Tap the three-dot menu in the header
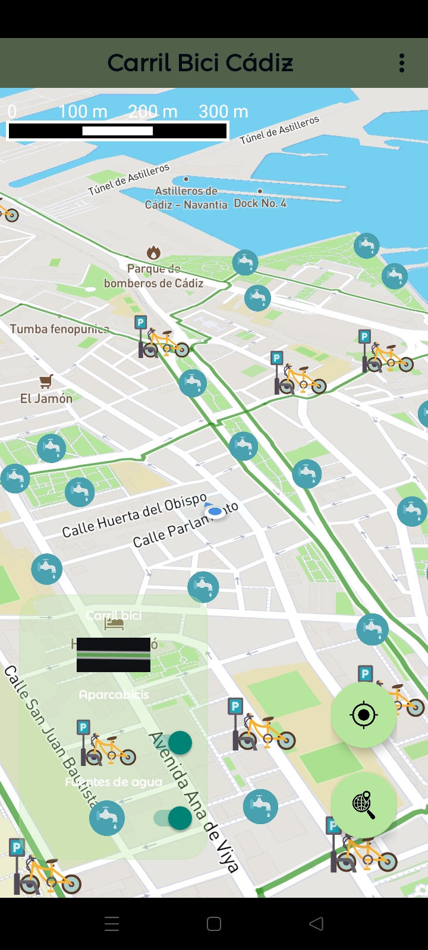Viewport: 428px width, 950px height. pyautogui.click(x=402, y=63)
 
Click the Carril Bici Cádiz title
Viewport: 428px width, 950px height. pyautogui.click(x=200, y=63)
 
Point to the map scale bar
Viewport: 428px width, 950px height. pyautogui.click(x=118, y=131)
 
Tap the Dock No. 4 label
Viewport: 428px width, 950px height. pyautogui.click(x=260, y=203)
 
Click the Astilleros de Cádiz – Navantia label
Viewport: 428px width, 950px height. pyautogui.click(x=186, y=198)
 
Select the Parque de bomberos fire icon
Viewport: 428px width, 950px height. pyautogui.click(x=153, y=253)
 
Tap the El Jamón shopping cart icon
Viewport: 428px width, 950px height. pyautogui.click(x=46, y=381)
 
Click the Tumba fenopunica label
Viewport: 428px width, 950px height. pyautogui.click(x=59, y=329)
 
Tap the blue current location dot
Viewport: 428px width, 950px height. pyautogui.click(x=215, y=511)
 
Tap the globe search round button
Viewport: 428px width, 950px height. pyautogui.click(x=363, y=805)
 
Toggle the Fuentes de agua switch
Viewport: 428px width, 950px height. pyautogui.click(x=173, y=818)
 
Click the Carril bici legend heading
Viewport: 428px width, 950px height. pyautogui.click(x=114, y=616)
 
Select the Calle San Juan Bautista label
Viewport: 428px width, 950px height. pyautogui.click(x=50, y=736)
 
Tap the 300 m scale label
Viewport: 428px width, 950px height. pyautogui.click(x=223, y=112)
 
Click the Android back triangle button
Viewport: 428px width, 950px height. pyautogui.click(x=316, y=923)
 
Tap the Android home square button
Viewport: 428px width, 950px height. pyautogui.click(x=214, y=924)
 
